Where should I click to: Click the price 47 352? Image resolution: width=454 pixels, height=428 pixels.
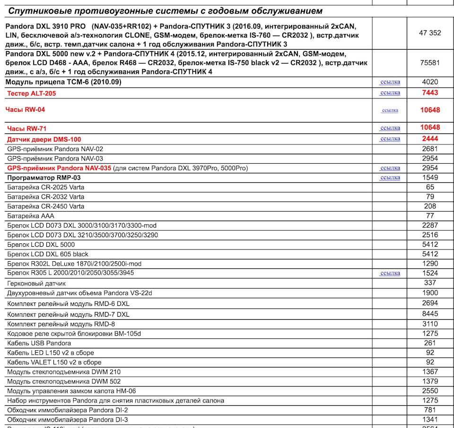pyautogui.click(x=430, y=33)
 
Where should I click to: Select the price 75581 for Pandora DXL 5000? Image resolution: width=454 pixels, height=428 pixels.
pyautogui.click(x=430, y=62)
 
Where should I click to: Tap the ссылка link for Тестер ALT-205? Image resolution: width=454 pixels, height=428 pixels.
pyautogui.click(x=390, y=93)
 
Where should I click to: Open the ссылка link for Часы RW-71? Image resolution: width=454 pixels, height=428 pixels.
pyautogui.click(x=390, y=128)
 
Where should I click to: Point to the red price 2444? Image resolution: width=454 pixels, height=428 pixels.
pyautogui.click(x=430, y=139)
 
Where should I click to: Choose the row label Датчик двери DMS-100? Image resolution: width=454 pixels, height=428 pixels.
pyautogui.click(x=44, y=139)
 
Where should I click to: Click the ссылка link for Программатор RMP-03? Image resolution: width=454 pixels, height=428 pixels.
pyautogui.click(x=390, y=178)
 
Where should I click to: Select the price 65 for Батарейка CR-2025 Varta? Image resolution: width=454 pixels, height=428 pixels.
pyautogui.click(x=430, y=187)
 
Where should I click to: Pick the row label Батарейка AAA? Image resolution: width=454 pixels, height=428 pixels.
pyautogui.click(x=31, y=216)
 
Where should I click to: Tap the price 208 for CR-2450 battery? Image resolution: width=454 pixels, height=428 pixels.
pyautogui.click(x=430, y=206)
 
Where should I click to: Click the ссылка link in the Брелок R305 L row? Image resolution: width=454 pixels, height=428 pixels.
pyautogui.click(x=390, y=273)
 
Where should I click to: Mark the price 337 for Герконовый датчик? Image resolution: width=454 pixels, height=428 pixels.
pyautogui.click(x=430, y=283)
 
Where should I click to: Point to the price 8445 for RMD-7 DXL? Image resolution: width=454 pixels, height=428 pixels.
pyautogui.click(x=430, y=313)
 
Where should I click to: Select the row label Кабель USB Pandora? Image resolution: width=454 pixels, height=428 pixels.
pyautogui.click(x=39, y=343)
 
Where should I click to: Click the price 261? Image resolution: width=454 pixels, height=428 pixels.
pyautogui.click(x=430, y=343)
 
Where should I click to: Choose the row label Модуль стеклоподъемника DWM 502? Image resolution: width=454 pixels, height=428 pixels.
pyautogui.click(x=64, y=381)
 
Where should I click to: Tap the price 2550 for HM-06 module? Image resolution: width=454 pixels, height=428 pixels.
pyautogui.click(x=430, y=391)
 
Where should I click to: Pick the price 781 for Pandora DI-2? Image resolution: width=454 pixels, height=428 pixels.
pyautogui.click(x=430, y=410)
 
